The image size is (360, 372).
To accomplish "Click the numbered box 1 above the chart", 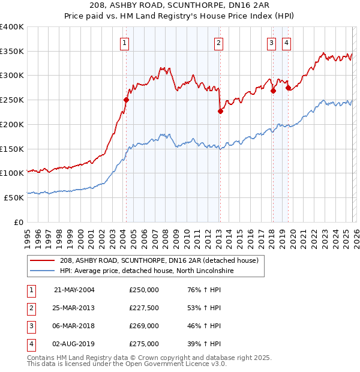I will tap(124, 43).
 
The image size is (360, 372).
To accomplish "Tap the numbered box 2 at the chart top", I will tap(218, 43).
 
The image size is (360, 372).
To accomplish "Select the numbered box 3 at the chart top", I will tap(271, 43).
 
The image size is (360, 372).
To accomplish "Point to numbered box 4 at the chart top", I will tap(286, 43).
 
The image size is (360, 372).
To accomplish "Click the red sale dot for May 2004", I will tap(126, 100).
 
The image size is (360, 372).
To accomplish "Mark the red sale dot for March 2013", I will tap(220, 111).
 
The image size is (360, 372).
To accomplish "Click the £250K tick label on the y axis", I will tap(12, 100).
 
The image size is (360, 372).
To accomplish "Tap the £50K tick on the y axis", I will tap(14, 197).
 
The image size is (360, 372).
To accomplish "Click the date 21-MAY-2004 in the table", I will tap(74, 290).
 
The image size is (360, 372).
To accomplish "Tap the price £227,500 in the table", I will tap(143, 308).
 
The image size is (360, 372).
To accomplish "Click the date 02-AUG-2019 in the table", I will tap(74, 344).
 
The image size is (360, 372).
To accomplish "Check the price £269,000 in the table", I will tap(143, 326).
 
